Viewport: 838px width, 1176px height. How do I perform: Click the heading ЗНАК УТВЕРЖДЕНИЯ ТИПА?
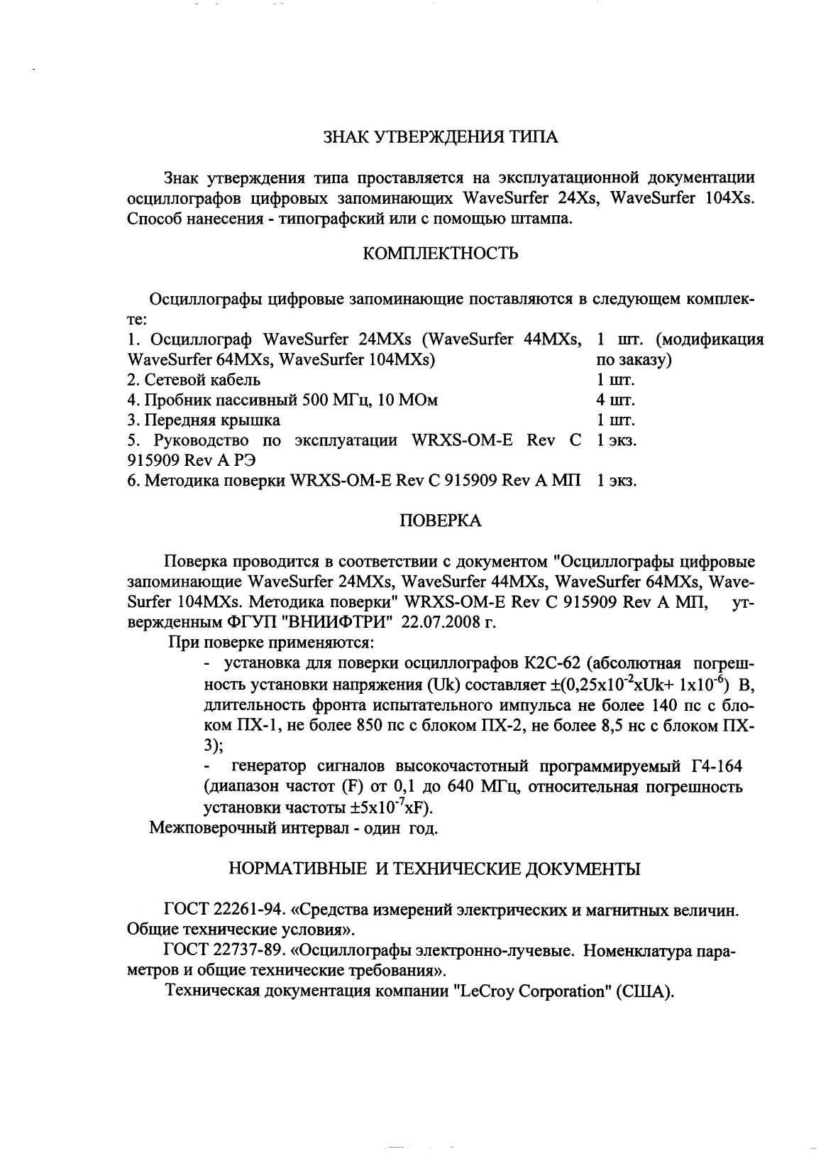coord(440,138)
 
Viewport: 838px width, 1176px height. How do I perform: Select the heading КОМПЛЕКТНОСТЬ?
coord(440,254)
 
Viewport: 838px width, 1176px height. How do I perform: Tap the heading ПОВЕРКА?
coord(441,521)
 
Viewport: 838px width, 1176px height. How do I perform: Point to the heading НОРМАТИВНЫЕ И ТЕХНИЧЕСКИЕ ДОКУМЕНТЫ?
coord(434,869)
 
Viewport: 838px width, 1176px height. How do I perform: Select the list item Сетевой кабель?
coord(194,380)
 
